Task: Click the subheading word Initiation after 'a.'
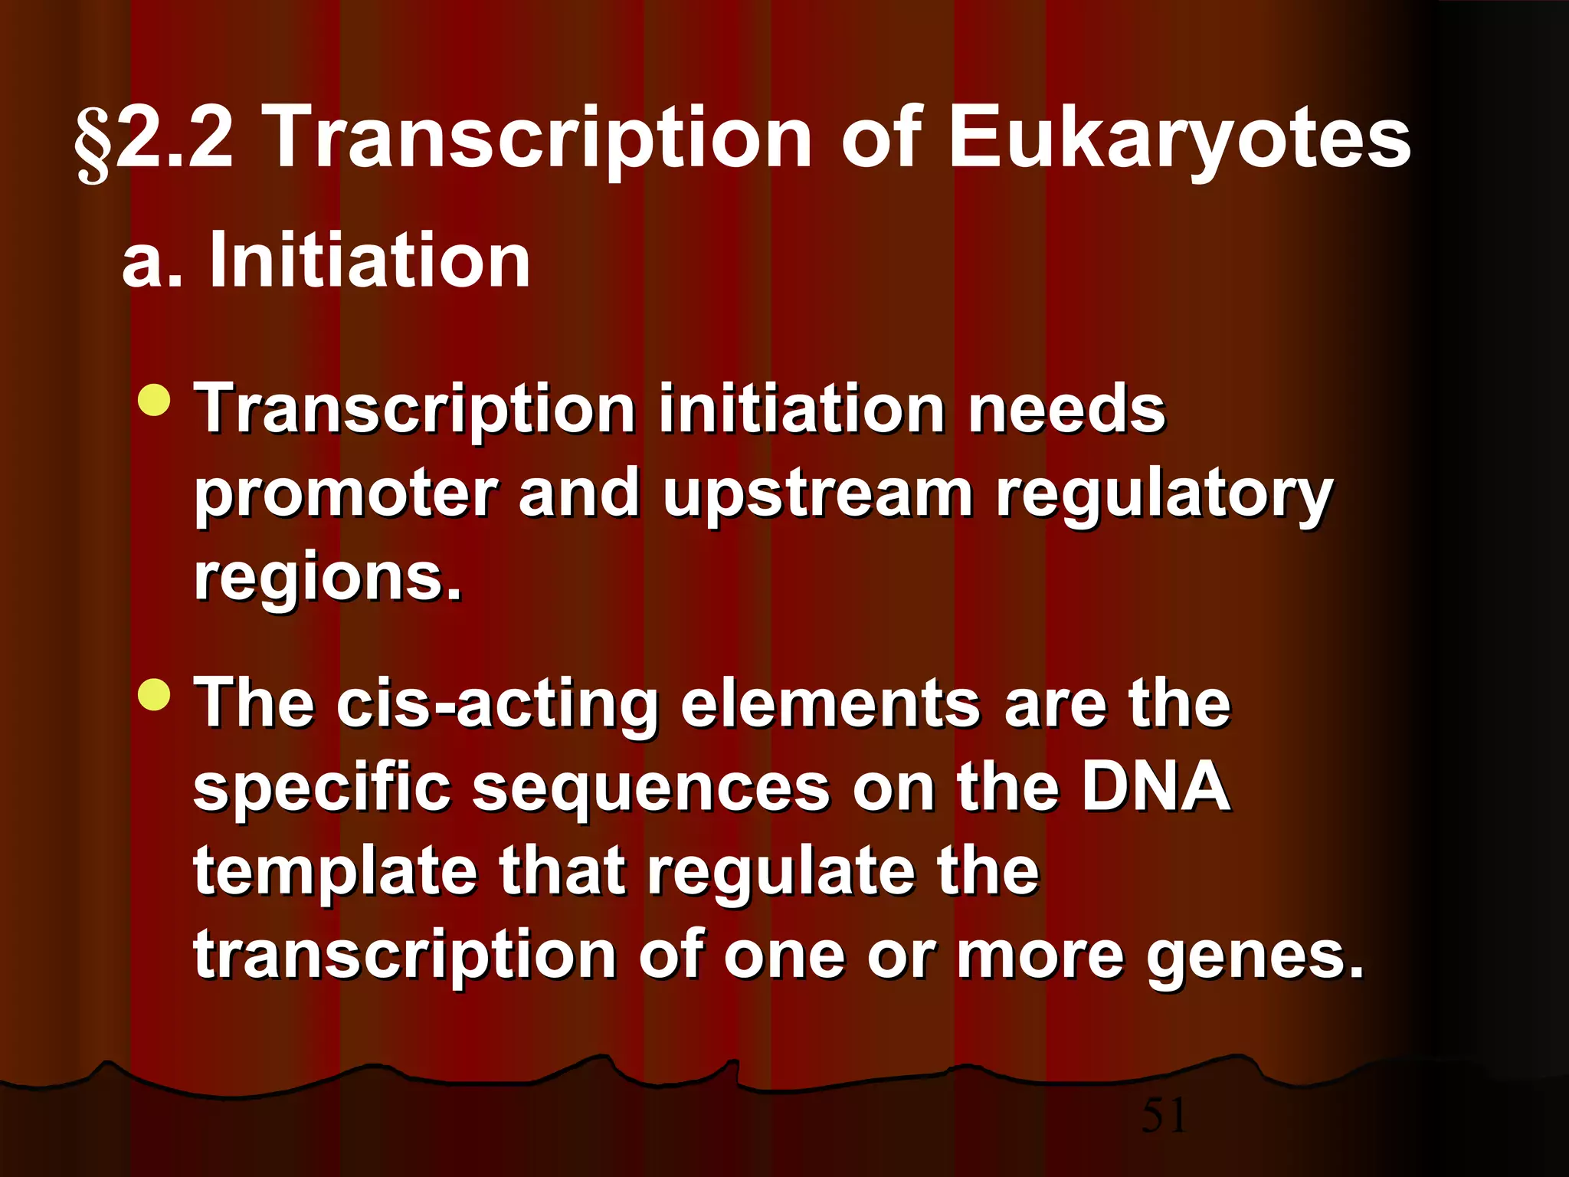[369, 261]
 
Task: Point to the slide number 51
[1164, 1115]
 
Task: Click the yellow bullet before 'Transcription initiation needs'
[156, 401]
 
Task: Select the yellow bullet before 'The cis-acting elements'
[156, 694]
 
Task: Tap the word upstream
[817, 495]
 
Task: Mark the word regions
[328, 579]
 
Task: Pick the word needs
[1066, 410]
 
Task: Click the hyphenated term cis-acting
[497, 704]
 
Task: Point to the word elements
[830, 704]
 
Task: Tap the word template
[336, 874]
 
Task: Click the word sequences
[650, 789]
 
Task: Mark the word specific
[322, 789]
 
